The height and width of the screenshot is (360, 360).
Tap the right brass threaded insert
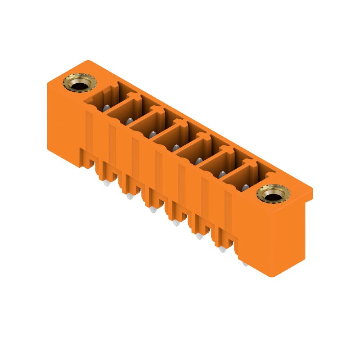point(273,193)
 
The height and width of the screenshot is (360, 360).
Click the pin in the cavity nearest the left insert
point(106,108)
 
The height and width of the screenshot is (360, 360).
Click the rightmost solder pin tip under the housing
point(245,262)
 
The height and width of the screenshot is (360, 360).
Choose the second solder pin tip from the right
point(222,249)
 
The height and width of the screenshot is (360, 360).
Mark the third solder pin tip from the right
point(199,236)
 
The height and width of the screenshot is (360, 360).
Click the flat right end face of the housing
point(288,238)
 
